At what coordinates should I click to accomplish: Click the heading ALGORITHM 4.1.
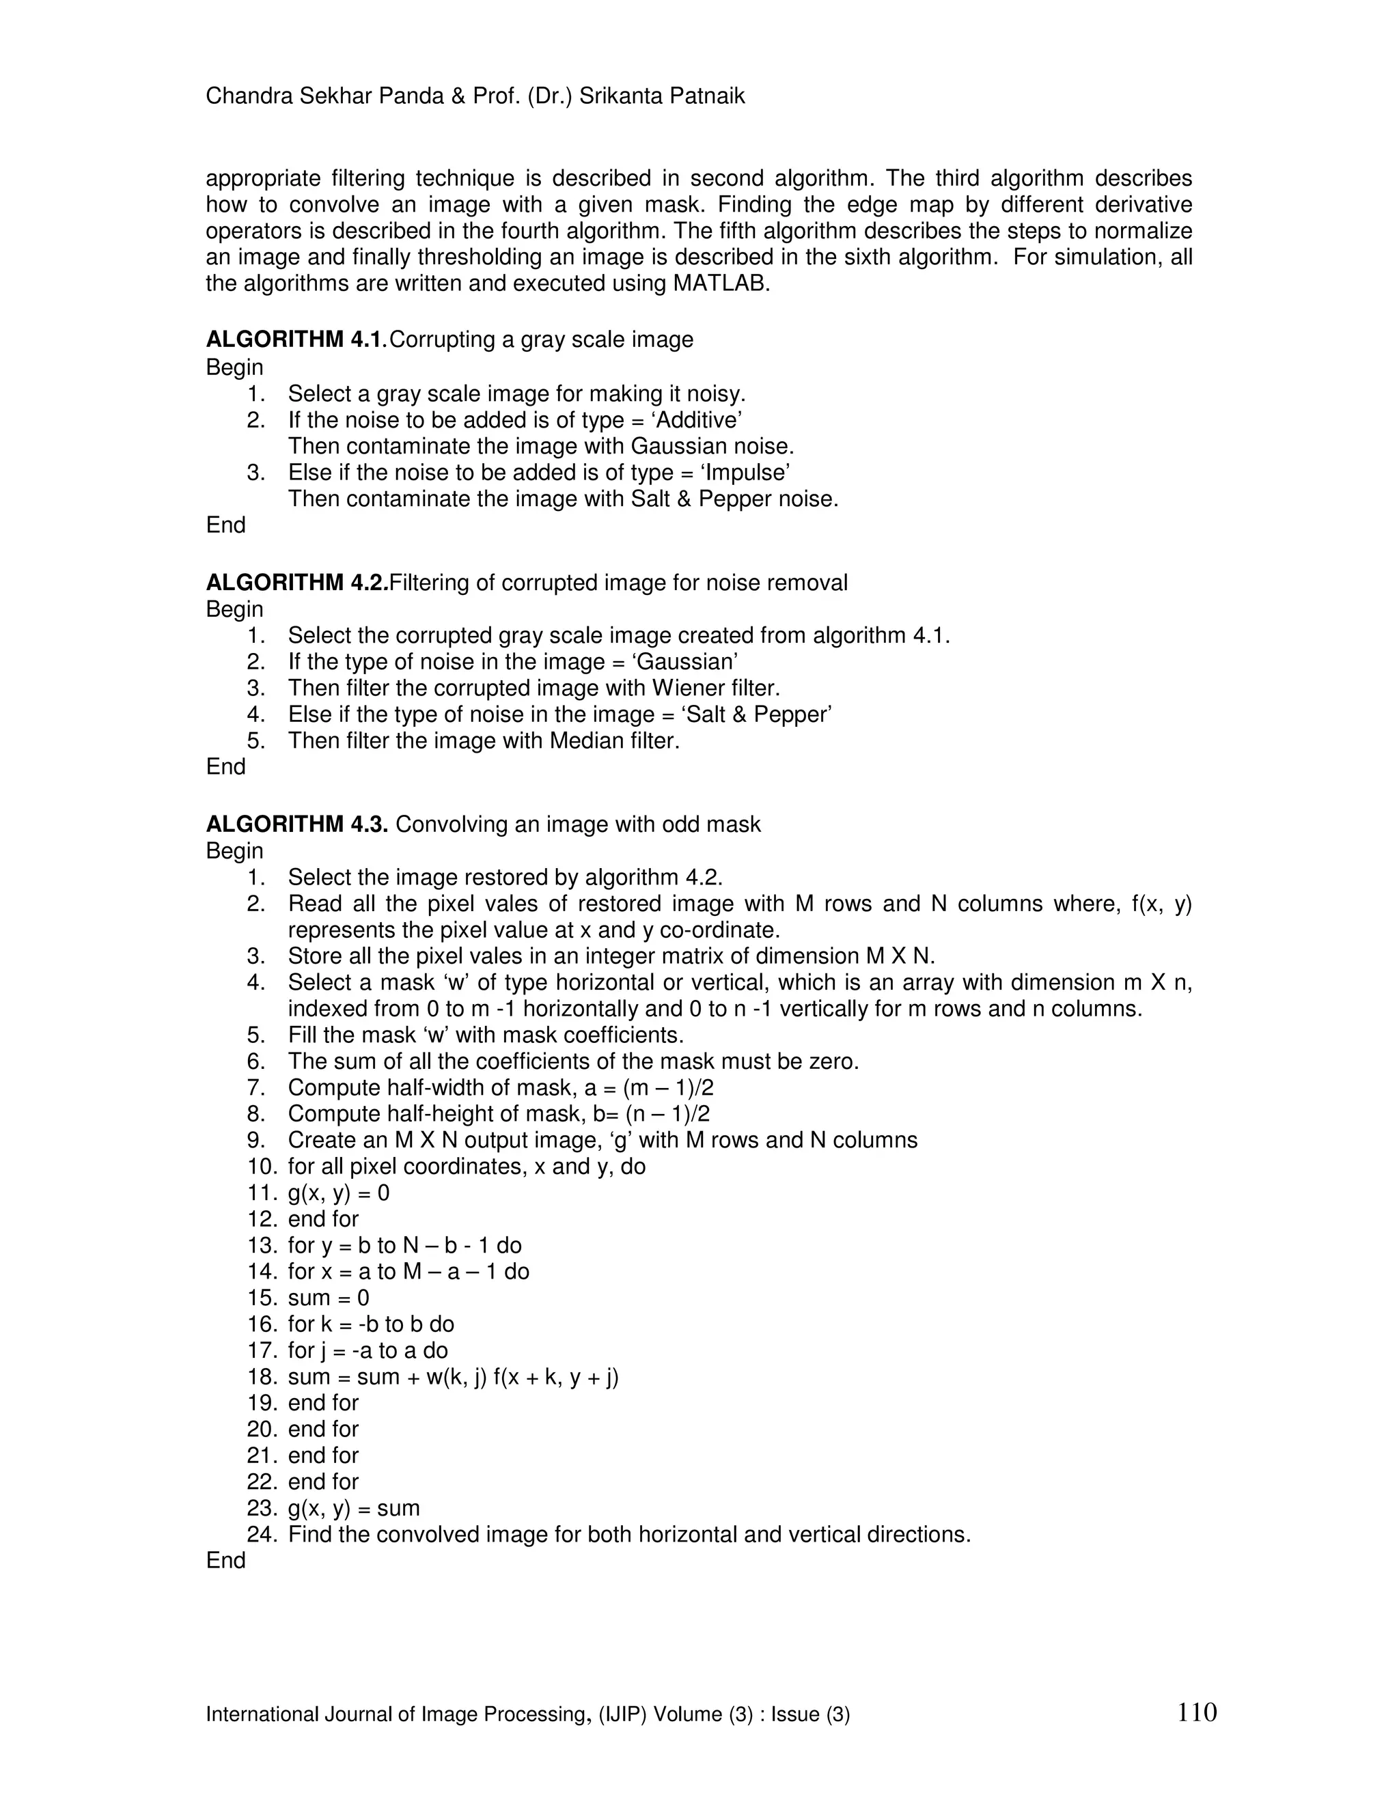click(x=296, y=339)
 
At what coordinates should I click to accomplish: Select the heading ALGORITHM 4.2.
click(x=296, y=583)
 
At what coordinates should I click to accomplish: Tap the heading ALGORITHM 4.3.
click(x=296, y=824)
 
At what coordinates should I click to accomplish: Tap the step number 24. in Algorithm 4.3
click(x=262, y=1535)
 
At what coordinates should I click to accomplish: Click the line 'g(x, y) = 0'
click(x=338, y=1193)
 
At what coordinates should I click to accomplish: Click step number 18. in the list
click(x=262, y=1378)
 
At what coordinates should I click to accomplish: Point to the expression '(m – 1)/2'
click(x=668, y=1088)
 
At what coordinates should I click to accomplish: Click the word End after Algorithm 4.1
click(x=225, y=525)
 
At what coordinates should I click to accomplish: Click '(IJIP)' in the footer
click(x=622, y=1714)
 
